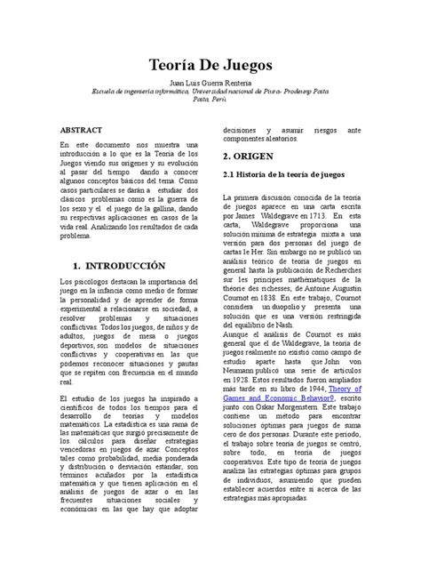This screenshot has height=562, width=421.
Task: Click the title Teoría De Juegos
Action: [210, 66]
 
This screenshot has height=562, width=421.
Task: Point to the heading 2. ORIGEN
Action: [253, 155]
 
